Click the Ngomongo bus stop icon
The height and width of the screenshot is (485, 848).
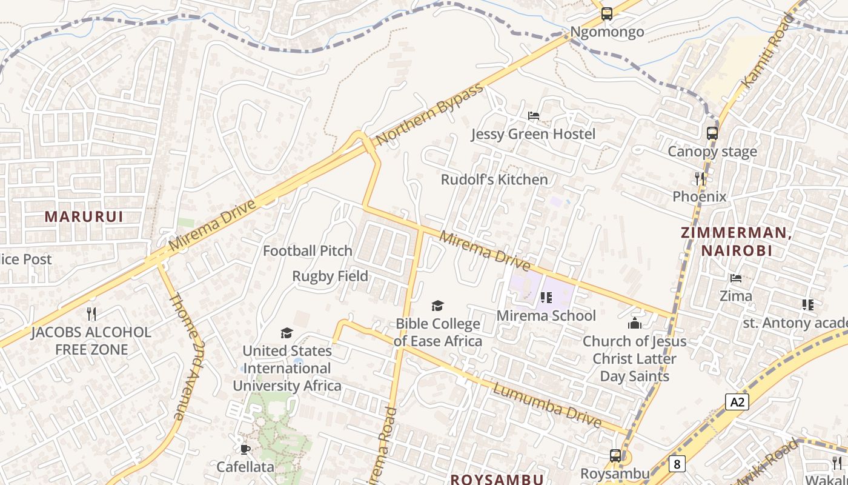(x=606, y=14)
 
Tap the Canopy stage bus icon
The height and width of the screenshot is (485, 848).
(x=712, y=133)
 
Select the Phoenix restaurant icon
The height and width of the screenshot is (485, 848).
(x=700, y=178)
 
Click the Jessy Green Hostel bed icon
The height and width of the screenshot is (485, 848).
(x=534, y=115)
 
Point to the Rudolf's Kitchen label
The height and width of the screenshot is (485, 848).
(x=494, y=179)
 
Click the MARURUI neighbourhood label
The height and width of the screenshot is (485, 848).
(x=84, y=216)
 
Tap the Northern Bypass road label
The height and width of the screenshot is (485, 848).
(x=430, y=113)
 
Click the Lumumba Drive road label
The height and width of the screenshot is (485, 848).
(x=547, y=405)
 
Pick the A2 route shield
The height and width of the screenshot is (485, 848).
(x=737, y=401)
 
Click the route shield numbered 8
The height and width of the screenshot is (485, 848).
(x=677, y=464)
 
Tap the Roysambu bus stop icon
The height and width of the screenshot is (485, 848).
(x=615, y=455)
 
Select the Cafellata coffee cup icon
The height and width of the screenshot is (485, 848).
(x=245, y=449)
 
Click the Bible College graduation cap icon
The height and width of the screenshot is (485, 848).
(x=437, y=306)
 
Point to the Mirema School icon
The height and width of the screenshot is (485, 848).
(x=546, y=298)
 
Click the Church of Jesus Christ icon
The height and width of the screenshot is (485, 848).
(x=635, y=323)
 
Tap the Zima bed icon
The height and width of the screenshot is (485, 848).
(x=736, y=278)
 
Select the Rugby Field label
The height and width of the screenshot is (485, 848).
(x=330, y=276)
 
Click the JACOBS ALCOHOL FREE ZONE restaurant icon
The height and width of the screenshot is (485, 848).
(x=91, y=313)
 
